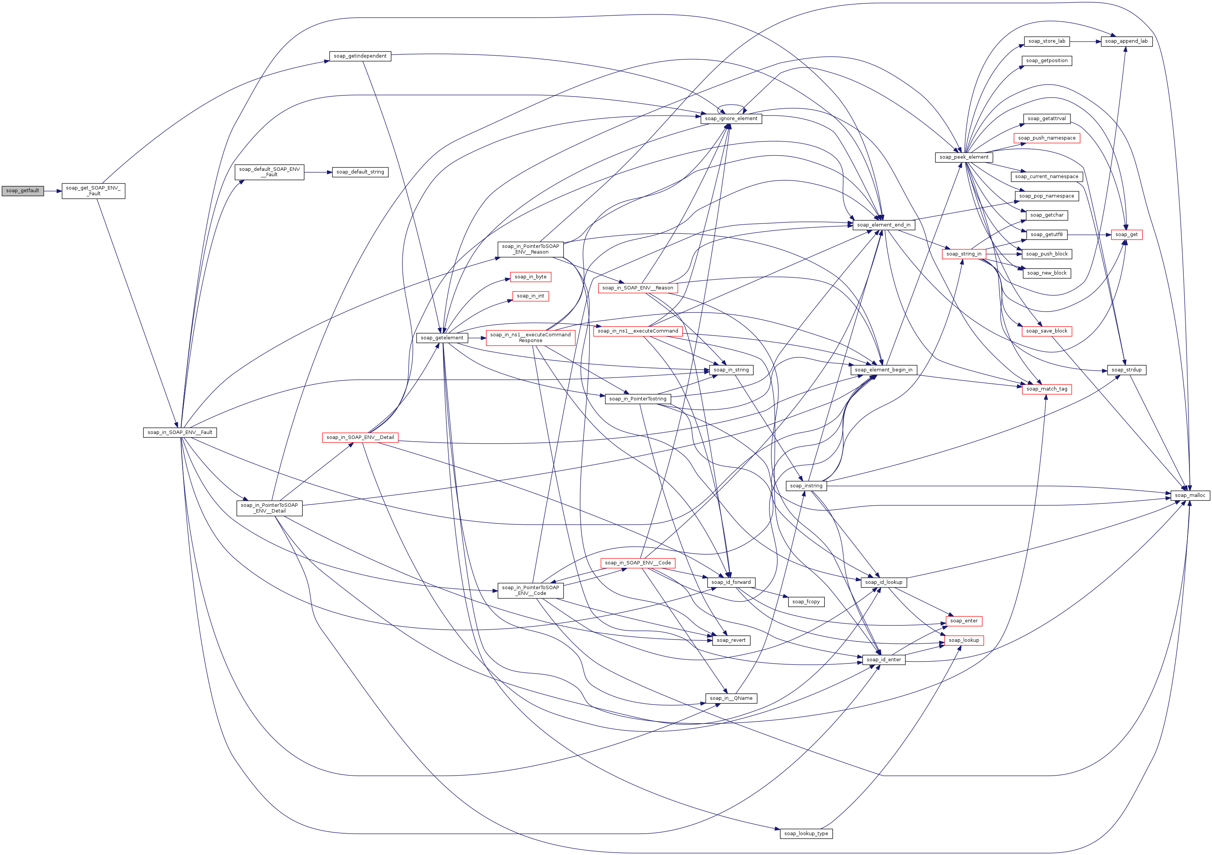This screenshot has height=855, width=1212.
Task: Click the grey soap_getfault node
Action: (23, 191)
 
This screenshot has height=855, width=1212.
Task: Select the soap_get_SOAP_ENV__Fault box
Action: (93, 191)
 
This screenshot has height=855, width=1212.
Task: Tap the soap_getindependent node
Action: (360, 56)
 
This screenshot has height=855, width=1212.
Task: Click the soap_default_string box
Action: (360, 172)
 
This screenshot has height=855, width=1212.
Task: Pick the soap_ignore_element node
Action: (731, 119)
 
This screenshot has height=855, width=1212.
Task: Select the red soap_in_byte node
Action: (531, 277)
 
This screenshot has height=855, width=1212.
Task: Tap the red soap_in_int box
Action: (531, 296)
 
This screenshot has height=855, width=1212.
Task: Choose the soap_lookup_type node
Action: (806, 833)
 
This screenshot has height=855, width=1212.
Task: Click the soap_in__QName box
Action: (731, 698)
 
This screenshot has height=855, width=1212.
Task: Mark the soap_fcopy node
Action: (806, 602)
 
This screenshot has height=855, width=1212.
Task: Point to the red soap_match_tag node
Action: (1047, 389)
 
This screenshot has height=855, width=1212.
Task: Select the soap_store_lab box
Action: (1047, 41)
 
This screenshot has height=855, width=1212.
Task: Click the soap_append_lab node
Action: (1126, 41)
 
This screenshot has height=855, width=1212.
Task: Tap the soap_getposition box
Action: (1047, 61)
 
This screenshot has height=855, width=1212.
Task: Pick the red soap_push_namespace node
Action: (1047, 138)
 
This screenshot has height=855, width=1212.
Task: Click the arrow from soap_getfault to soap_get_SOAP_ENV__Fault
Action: (53, 191)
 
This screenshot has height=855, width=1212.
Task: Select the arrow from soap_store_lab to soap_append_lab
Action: (1085, 41)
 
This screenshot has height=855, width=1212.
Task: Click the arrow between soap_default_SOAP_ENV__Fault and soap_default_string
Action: (318, 172)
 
